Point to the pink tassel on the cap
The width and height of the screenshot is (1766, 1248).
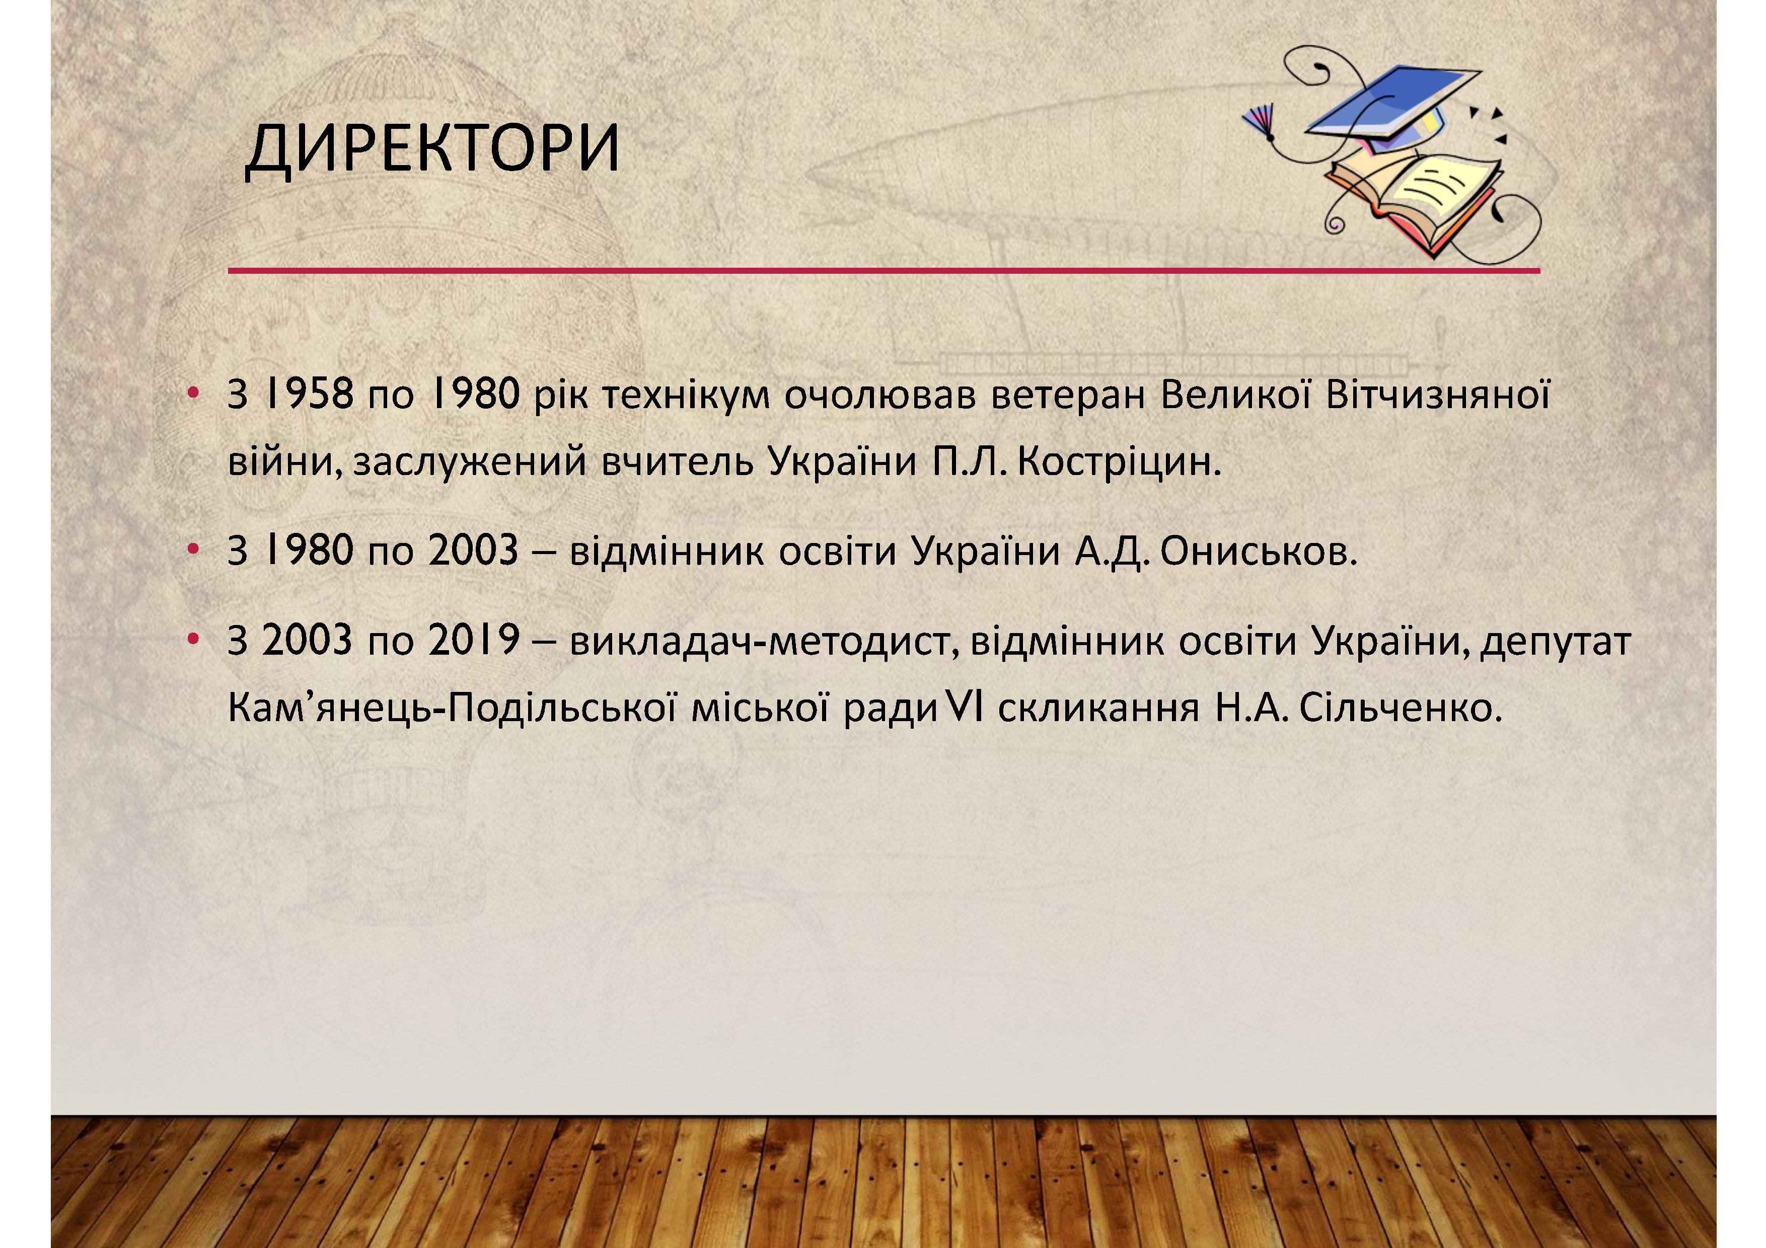(1259, 121)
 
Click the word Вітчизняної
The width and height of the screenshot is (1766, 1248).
(1438, 395)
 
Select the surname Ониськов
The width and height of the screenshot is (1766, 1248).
(1259, 552)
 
